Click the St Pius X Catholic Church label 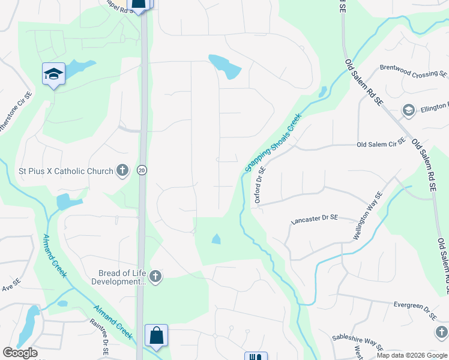click(66, 171)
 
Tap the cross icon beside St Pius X click(122, 171)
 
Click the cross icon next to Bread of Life click(155, 277)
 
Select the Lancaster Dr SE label click(315, 221)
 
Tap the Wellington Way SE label click(367, 216)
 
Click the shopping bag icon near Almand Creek click(156, 337)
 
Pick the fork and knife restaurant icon click(256, 356)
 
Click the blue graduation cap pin click(53, 74)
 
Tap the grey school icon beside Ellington click(408, 110)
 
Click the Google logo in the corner click(20, 353)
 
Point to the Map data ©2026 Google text click(411, 355)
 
